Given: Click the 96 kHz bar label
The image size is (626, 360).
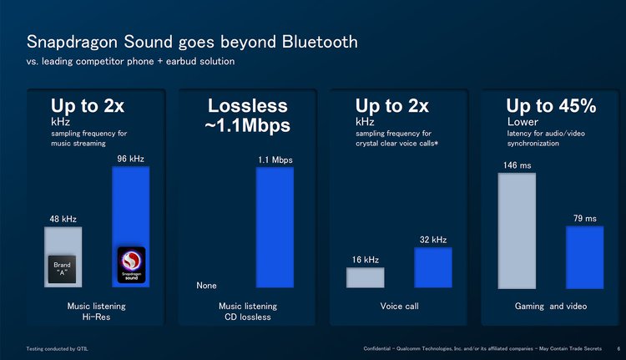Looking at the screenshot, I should (x=130, y=159).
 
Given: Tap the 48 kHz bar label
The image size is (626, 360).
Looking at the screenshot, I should (x=63, y=219).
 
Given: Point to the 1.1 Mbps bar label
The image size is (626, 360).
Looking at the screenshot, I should (x=275, y=160).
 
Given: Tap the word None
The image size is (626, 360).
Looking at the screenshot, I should (x=206, y=286).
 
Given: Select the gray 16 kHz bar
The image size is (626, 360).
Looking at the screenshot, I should (x=365, y=277).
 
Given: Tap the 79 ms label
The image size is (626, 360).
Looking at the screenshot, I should (x=584, y=219).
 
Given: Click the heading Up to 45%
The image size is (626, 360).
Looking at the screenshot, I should (x=550, y=106).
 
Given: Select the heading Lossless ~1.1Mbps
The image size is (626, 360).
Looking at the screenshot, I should (x=247, y=116).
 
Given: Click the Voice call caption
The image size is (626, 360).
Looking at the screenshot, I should (x=399, y=307).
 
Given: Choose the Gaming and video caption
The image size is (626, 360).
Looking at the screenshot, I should (x=550, y=307).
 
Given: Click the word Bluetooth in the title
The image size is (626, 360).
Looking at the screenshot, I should (x=320, y=42).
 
